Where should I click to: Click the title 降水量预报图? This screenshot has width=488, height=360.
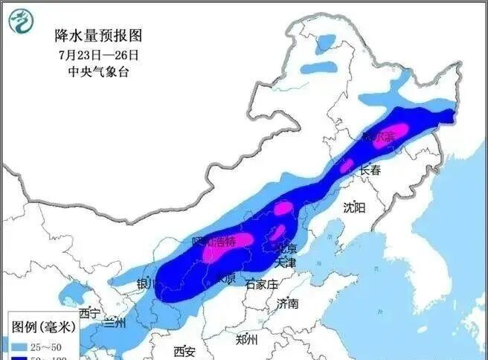pyautogui.click(x=98, y=35)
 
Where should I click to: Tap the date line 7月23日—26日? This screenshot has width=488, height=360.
pyautogui.click(x=98, y=54)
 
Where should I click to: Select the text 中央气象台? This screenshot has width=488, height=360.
pyautogui.click(x=98, y=73)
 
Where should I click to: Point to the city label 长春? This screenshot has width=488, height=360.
pyautogui.click(x=370, y=170)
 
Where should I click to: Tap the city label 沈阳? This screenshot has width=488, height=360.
pyautogui.click(x=355, y=208)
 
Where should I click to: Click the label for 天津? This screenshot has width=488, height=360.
pyautogui.click(x=285, y=263)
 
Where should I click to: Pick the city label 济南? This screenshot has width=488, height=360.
pyautogui.click(x=287, y=303)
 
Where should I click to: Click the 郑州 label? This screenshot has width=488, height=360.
pyautogui.click(x=246, y=340)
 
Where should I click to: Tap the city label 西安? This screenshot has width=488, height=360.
pyautogui.click(x=184, y=351)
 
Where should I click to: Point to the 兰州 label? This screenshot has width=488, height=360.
pyautogui.click(x=115, y=322)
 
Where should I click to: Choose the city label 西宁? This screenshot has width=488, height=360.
pyautogui.click(x=89, y=312)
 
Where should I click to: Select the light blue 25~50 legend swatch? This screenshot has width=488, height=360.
pyautogui.click(x=16, y=347)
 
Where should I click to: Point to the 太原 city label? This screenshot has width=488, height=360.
pyautogui.click(x=225, y=279)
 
